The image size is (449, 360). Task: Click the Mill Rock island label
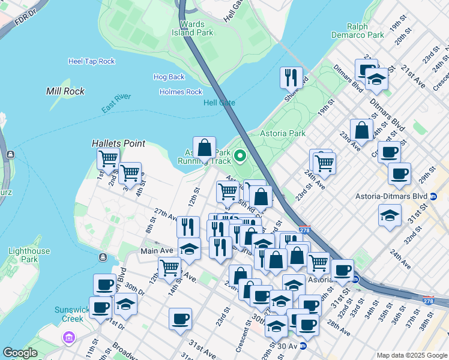(65, 91)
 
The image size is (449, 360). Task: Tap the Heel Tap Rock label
(91, 61)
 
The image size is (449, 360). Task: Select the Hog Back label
(169, 77)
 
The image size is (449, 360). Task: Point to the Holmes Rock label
(181, 92)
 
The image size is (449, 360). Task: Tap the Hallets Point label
(118, 143)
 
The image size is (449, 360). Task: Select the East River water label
(116, 103)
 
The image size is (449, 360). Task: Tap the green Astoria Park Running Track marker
(240, 157)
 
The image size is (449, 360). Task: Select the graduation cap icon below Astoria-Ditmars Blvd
(390, 214)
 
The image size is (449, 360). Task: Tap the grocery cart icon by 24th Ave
(324, 162)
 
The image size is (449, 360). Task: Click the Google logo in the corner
(20, 353)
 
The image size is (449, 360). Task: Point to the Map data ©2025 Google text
(411, 355)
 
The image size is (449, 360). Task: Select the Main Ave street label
(157, 250)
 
